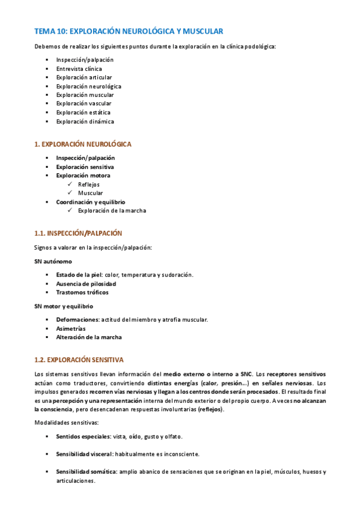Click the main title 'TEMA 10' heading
[129, 31]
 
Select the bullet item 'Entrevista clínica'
[79, 69]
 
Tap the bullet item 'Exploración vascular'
[84, 103]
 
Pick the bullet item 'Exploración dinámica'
[85, 121]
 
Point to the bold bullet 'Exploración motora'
[83, 175]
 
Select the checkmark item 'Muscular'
[90, 193]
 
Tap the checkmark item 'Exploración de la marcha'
[112, 210]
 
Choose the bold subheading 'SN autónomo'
[53, 262]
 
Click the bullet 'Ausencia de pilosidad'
[86, 283]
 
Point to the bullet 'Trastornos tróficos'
[82, 292]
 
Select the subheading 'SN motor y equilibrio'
[64, 306]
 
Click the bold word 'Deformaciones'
[78, 319]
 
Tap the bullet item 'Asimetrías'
[71, 328]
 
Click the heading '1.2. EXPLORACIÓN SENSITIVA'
[79, 360]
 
